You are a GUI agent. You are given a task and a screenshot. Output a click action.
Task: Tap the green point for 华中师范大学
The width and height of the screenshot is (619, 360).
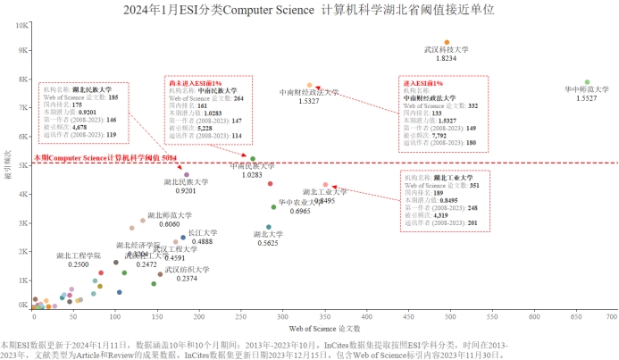click(x=587, y=82)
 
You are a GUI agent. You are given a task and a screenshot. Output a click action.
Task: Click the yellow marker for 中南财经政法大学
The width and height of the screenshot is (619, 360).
click(x=310, y=85)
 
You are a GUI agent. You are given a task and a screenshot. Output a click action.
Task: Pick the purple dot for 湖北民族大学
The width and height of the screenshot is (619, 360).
click(x=187, y=174)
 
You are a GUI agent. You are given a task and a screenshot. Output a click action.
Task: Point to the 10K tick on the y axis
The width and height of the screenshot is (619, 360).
click(x=22, y=24)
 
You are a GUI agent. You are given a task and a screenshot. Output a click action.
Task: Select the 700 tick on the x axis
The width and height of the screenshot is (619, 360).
click(x=612, y=317)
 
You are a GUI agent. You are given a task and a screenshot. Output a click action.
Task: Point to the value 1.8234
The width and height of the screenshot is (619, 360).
click(x=447, y=59)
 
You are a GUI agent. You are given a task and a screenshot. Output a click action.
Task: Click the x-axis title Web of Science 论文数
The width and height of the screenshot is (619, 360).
click(x=322, y=330)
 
